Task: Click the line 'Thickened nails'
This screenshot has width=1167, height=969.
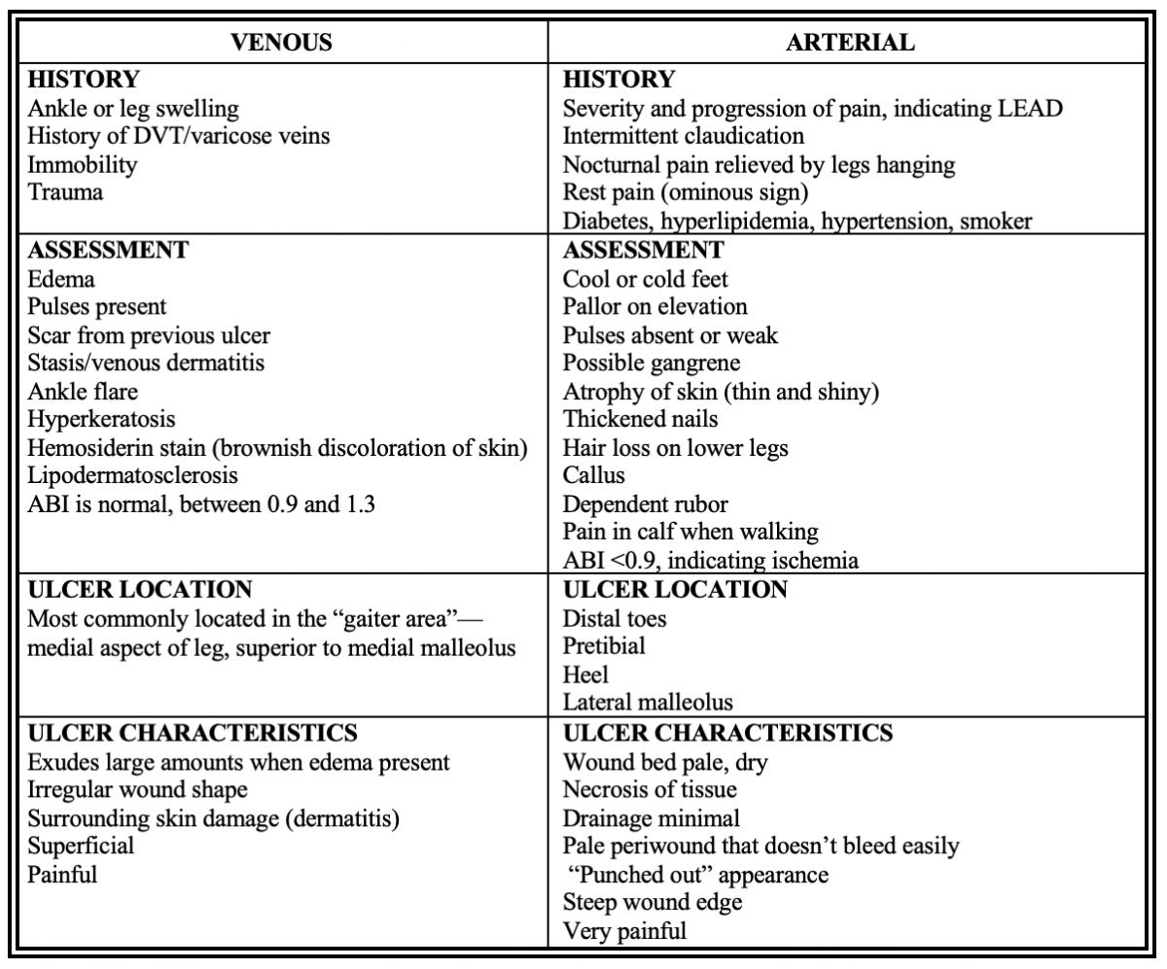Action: pyautogui.click(x=628, y=420)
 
